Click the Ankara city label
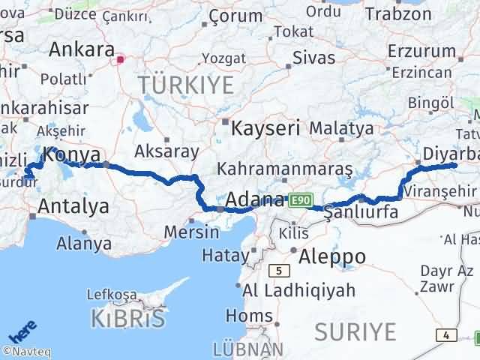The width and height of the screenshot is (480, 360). point(80,50)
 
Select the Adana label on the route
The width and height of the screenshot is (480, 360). point(254,200)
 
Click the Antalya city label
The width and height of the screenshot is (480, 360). point(73,205)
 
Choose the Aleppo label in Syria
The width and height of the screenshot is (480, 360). point(332,256)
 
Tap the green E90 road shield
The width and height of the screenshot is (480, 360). point(299,200)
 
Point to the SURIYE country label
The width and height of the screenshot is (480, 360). point(355,330)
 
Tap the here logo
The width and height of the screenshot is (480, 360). point(23,328)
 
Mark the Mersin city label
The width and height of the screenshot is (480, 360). point(194,231)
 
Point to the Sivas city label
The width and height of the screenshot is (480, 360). point(313,57)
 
